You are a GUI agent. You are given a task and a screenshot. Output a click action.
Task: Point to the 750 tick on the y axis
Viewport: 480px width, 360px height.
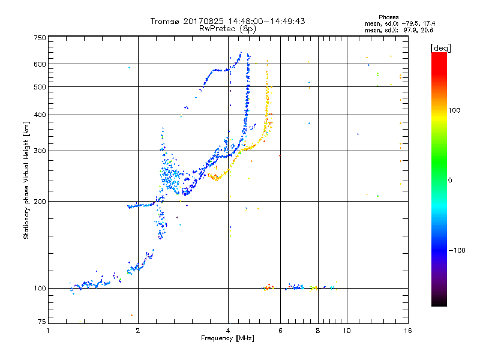tap(40, 38)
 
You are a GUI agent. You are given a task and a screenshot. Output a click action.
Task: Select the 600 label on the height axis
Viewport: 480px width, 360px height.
tap(40, 64)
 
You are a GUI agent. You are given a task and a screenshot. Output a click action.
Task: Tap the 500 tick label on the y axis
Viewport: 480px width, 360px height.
tap(40, 87)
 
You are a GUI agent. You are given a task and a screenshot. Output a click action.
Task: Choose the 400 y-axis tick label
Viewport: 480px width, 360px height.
tap(40, 115)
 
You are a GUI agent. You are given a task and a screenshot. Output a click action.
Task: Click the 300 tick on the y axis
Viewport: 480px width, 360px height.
tap(40, 151)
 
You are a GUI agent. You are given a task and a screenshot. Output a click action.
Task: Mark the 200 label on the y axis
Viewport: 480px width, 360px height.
tap(40, 202)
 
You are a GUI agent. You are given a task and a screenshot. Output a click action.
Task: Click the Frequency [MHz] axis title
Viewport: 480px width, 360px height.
tap(227, 338)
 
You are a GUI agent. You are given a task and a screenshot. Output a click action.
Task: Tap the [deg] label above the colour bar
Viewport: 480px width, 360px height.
tap(441, 48)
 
